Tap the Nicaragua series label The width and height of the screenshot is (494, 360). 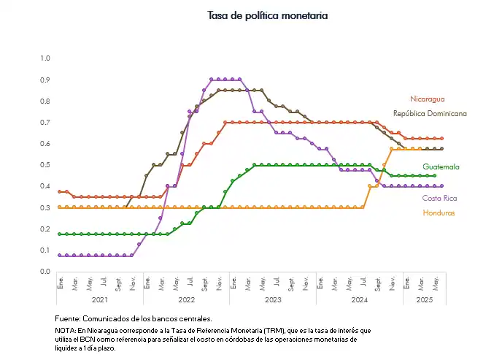(427, 99)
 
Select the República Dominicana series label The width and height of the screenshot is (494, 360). (430, 114)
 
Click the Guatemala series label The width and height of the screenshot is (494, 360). (441, 166)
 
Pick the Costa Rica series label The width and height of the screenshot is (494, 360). (440, 198)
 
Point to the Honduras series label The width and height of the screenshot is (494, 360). (439, 213)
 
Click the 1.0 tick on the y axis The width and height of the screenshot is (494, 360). (45, 58)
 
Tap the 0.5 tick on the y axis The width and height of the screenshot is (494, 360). (45, 164)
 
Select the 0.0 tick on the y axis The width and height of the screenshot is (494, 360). (45, 272)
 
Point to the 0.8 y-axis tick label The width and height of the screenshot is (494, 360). (45, 100)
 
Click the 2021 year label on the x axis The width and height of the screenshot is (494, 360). (101, 299)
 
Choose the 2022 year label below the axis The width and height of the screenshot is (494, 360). (187, 299)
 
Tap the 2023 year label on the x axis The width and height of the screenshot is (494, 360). (273, 299)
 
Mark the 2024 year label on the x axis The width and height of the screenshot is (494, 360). (359, 299)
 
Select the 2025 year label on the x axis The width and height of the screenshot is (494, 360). (424, 299)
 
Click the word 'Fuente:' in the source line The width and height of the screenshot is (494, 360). (69, 318)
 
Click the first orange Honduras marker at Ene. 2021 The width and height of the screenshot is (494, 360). (59, 207)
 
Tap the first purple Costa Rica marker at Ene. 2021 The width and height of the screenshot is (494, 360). (59, 256)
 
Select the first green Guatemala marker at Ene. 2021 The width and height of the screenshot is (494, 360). (59, 234)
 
